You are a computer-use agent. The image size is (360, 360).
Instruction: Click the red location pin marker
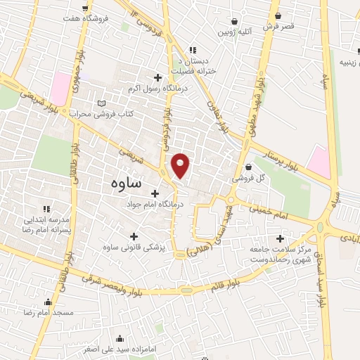(x=181, y=165)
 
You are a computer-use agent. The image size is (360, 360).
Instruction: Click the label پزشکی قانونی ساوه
(x=132, y=247)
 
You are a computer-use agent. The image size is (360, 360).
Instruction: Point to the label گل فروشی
(x=251, y=179)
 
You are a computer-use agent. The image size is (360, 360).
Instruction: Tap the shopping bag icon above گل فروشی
(x=250, y=167)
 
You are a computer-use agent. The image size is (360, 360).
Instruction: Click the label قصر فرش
(x=278, y=26)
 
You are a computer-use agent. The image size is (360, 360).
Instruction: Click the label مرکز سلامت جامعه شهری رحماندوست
(x=281, y=255)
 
